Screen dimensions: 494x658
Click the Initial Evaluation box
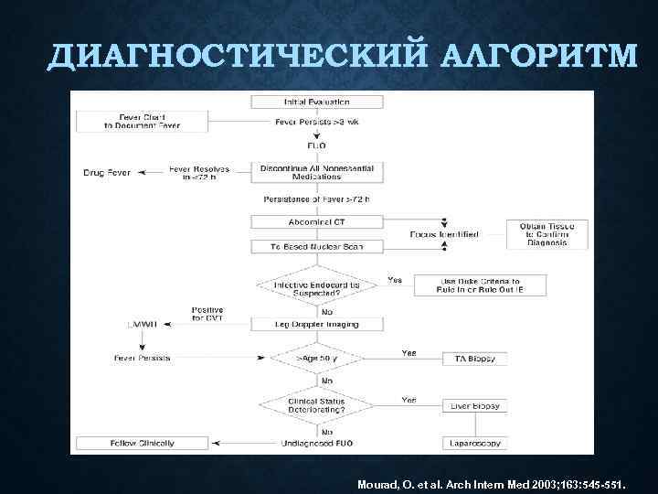pos(309,101)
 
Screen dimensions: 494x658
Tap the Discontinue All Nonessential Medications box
pos(309,172)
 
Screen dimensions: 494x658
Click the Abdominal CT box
pos(309,221)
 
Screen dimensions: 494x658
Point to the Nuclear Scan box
pos(309,246)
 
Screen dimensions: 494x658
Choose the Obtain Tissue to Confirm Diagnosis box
pos(543,234)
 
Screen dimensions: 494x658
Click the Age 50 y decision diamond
pos(316,358)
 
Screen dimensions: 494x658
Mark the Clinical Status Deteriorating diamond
pos(316,404)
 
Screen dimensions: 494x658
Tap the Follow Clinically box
pos(143,443)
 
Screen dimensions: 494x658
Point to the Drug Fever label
pos(106,171)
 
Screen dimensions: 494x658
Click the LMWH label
pos(142,324)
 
